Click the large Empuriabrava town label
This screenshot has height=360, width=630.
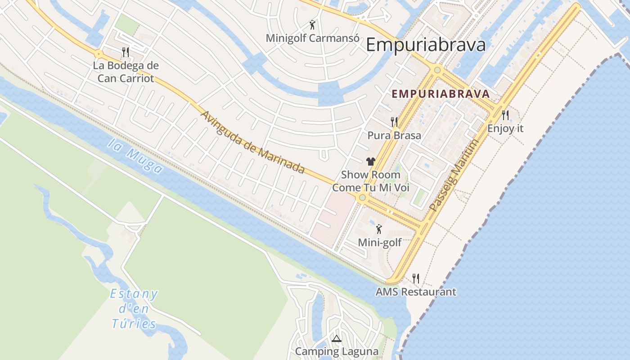426,45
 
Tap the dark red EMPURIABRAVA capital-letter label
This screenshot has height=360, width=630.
441,94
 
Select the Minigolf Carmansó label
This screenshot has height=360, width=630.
312,38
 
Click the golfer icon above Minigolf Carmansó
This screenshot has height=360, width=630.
312,25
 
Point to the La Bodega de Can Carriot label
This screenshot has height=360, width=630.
126,72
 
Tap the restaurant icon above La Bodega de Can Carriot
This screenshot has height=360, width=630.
126,52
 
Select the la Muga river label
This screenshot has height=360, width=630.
135,156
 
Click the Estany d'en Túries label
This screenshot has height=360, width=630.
134,309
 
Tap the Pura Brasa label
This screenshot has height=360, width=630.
394,135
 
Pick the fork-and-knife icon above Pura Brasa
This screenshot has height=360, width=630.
394,122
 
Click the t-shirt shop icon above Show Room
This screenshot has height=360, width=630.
371,162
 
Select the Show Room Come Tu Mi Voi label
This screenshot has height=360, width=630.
371,181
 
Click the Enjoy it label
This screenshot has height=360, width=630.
505,128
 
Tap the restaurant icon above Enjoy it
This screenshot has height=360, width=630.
505,115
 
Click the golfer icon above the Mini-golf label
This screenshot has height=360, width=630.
379,229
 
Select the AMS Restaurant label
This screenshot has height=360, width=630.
416,292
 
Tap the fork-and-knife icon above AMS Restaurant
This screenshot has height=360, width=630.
416,279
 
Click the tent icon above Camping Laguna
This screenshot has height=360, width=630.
336,338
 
